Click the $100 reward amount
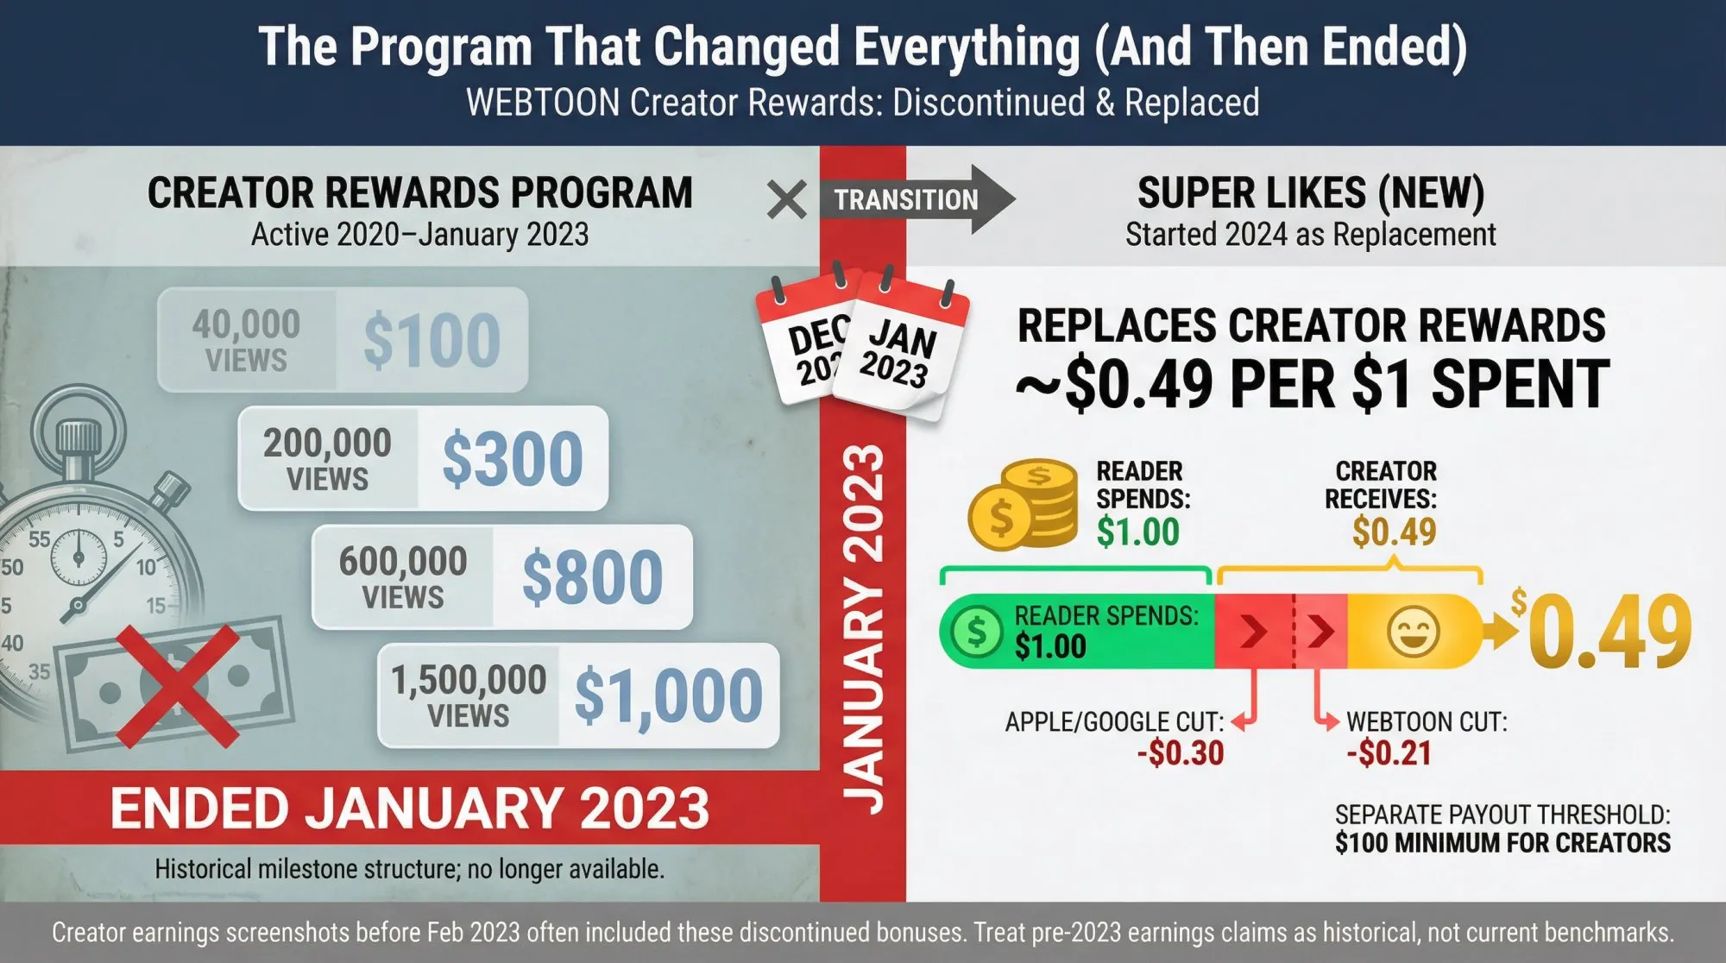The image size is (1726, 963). [431, 341]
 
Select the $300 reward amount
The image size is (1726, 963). [513, 459]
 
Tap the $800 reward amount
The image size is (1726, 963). [592, 577]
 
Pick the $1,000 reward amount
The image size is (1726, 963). [668, 695]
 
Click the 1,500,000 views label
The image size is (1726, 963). [469, 695]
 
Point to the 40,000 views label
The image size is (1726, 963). [246, 341]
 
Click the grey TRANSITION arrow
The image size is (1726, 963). [915, 199]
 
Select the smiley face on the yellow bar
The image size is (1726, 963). [1413, 631]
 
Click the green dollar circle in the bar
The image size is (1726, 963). [976, 632]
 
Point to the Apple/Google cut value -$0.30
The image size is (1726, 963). [1181, 753]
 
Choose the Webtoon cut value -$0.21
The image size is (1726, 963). [1389, 753]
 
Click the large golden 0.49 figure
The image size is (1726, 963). [1609, 633]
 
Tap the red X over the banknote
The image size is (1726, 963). [177, 686]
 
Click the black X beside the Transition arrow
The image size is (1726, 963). [786, 200]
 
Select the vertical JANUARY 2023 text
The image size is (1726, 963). [863, 630]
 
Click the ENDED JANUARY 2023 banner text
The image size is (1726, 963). [409, 809]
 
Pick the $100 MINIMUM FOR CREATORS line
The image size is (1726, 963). [1502, 843]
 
